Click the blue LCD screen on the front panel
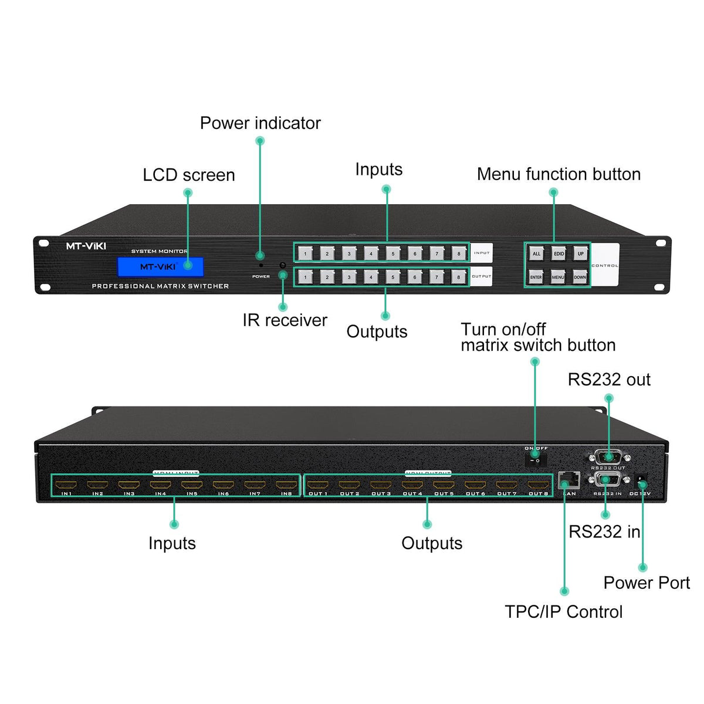[x=160, y=266]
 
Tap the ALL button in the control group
[x=536, y=253]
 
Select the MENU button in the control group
[x=558, y=277]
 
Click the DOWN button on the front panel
[x=580, y=277]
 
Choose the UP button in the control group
[x=580, y=253]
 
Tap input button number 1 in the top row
[x=305, y=253]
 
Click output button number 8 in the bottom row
[x=458, y=277]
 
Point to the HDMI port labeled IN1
[x=66, y=485]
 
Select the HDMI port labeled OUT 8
[x=538, y=485]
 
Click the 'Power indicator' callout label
[x=260, y=123]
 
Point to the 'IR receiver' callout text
[x=285, y=320]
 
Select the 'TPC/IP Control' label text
[x=563, y=612]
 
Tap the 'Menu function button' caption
[x=559, y=174]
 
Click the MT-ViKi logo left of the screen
[x=86, y=246]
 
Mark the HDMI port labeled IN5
[x=192, y=485]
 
